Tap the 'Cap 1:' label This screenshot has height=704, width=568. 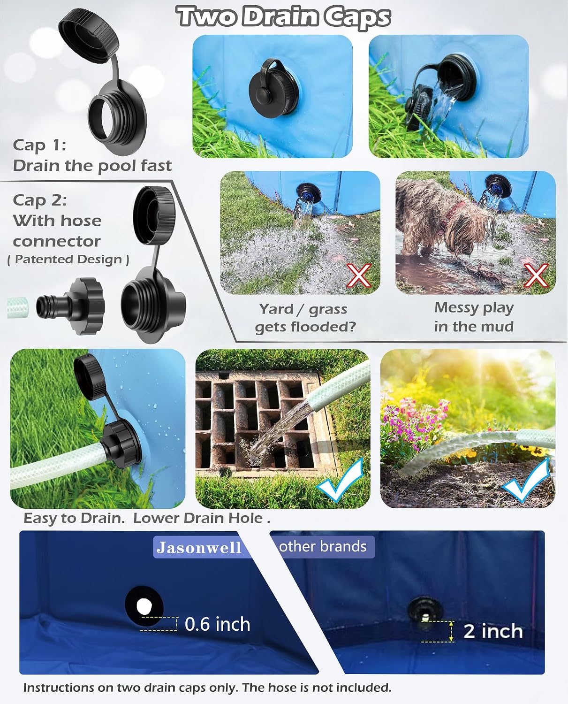39,145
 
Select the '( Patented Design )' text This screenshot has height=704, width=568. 68,260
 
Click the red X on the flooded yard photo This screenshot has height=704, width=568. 359,275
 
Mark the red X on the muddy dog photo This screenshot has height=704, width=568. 536,275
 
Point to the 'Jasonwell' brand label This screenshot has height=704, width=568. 199,547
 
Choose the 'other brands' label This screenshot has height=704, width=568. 323,547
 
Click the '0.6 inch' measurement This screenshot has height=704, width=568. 217,624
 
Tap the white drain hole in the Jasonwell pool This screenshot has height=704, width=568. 144,606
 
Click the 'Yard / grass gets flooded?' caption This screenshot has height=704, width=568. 305,318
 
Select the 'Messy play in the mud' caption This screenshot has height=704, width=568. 474,317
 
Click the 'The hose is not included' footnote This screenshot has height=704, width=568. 317,688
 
